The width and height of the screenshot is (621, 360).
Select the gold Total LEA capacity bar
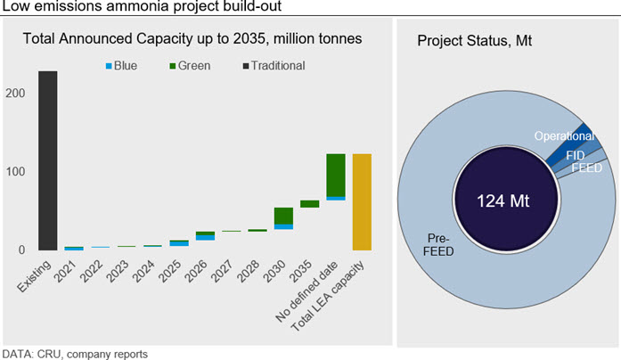[363, 202]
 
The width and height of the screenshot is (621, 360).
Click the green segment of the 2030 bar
[284, 216]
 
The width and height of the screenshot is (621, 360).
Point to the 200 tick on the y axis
[15, 94]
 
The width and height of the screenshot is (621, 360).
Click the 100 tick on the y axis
[15, 172]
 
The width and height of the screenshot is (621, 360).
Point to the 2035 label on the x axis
[306, 268]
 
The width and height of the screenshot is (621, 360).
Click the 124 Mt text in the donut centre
[503, 200]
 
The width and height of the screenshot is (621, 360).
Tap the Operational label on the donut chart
[563, 136]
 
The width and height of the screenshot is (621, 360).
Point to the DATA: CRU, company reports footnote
[75, 353]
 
